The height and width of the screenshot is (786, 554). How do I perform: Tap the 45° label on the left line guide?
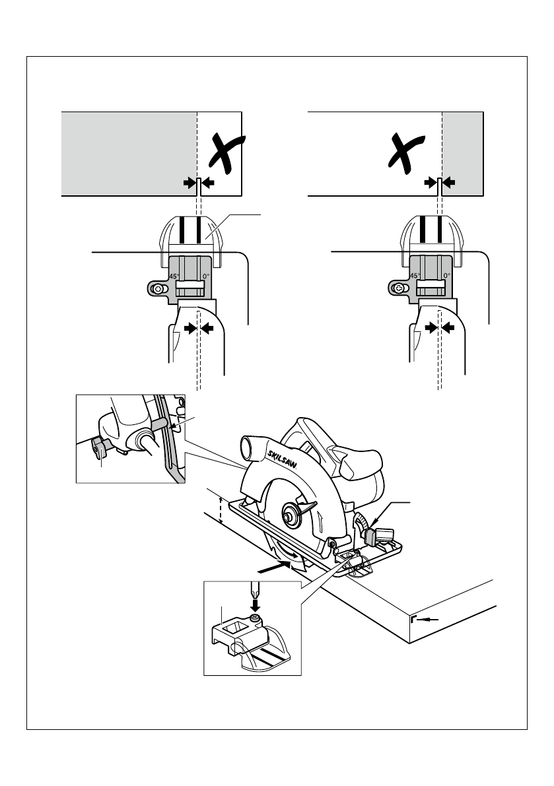(x=174, y=277)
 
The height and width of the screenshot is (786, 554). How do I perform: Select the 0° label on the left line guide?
(x=206, y=277)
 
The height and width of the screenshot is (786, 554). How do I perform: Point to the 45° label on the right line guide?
(x=415, y=277)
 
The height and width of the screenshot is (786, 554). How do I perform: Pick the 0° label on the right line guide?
(x=446, y=277)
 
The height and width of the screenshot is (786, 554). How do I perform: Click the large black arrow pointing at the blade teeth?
(x=273, y=566)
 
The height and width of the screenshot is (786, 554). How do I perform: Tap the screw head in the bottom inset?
(x=256, y=618)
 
